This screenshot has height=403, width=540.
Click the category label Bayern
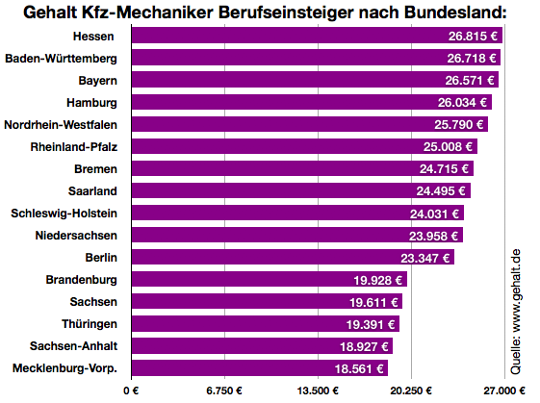[x=98, y=80]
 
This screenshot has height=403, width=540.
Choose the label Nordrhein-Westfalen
[x=62, y=124]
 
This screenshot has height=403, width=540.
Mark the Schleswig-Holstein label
[x=64, y=213]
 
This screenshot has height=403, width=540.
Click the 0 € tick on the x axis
[x=131, y=390]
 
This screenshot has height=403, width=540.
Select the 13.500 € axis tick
[x=319, y=390]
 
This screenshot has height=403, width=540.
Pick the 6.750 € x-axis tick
[x=224, y=390]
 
